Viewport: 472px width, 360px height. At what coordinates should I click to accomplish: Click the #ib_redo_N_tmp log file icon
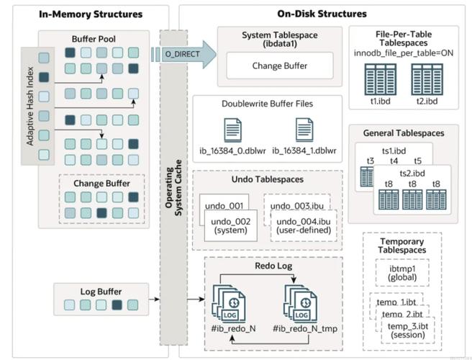click(x=300, y=303)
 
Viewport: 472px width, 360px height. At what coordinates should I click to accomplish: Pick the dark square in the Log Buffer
click(x=117, y=305)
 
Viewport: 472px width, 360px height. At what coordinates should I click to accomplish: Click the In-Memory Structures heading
click(x=81, y=14)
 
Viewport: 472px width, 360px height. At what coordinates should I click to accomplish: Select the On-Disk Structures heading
click(x=322, y=14)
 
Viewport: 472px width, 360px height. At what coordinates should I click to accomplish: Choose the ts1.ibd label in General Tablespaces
click(x=394, y=150)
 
